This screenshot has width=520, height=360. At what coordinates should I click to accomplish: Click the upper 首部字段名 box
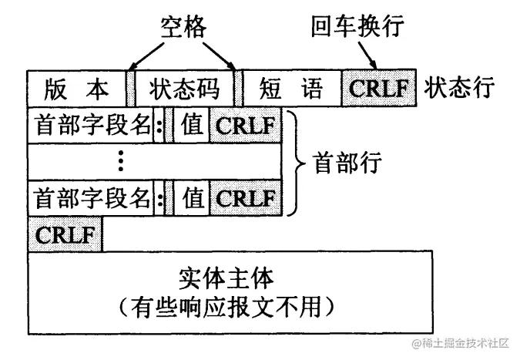coord(91,126)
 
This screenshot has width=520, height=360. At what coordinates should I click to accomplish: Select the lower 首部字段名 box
coord(91,199)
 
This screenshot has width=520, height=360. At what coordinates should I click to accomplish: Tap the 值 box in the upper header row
coord(192,126)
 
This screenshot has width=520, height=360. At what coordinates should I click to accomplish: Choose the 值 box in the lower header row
coord(192,199)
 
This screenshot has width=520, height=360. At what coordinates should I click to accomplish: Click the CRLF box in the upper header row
coord(245,126)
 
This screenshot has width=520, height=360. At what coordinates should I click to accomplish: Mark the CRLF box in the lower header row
coord(245,199)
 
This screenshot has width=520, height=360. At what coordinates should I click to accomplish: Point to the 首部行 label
coord(347,162)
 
